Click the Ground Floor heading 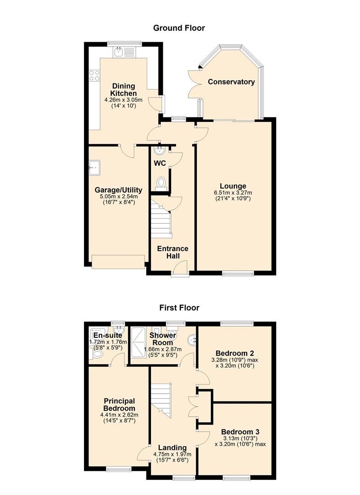click(x=179, y=28)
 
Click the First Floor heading click(x=179, y=308)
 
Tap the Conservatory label click(x=231, y=82)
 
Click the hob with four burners click(x=94, y=75)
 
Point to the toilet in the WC click(x=161, y=183)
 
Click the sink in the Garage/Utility click(x=95, y=168)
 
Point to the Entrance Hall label click(x=172, y=252)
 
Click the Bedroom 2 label click(x=235, y=353)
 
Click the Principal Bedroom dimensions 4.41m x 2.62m click(x=119, y=415)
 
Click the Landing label click(x=172, y=448)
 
